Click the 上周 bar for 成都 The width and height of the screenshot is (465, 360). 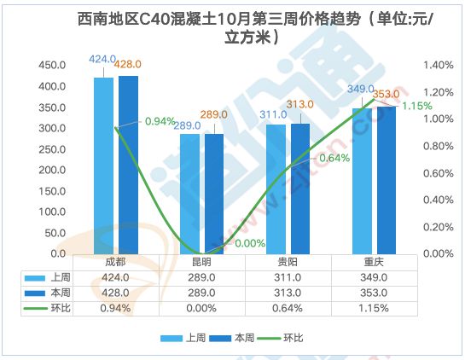(103, 165)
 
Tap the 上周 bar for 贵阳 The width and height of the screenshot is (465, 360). (276, 189)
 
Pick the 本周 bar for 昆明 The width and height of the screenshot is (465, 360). (214, 194)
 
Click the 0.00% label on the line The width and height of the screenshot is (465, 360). (250, 243)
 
